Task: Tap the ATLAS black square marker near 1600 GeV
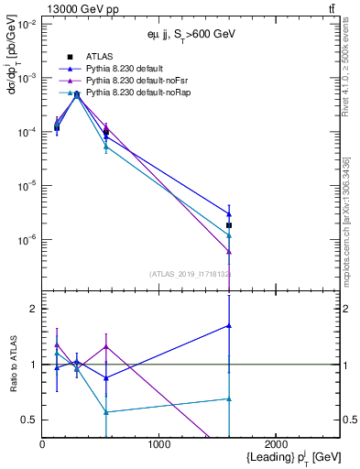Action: [229, 225]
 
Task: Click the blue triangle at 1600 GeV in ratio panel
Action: [229, 325]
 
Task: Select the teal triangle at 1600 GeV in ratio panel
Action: [229, 398]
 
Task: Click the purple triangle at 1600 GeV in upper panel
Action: [229, 252]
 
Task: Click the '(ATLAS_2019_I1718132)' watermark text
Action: [190, 273]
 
